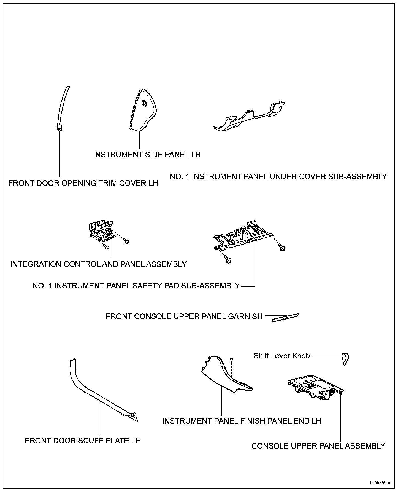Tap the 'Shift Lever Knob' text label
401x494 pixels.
click(281, 356)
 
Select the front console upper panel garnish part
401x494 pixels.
click(285, 317)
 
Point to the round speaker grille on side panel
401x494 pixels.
click(144, 104)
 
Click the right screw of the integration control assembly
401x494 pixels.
click(127, 241)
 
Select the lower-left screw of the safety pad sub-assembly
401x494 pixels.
click(228, 259)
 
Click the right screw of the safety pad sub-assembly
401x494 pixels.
click(282, 247)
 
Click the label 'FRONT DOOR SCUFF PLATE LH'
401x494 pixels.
click(83, 441)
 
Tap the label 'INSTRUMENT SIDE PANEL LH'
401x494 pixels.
click(147, 154)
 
